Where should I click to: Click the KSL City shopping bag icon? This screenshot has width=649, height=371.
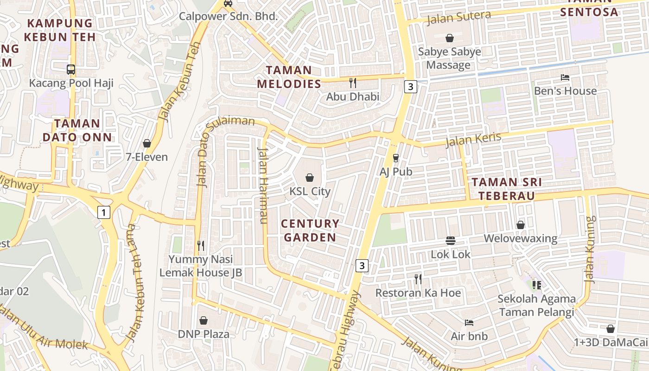310,178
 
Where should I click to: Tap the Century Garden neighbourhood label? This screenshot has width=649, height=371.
310,230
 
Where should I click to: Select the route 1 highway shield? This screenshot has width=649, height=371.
104,212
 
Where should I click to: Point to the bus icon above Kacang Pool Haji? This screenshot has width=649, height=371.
71,70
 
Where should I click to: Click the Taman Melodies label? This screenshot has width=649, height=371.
289,77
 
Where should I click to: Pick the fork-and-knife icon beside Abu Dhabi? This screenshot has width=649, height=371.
353,83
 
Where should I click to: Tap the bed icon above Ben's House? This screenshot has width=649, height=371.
565,77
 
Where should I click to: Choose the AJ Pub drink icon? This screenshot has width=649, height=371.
396,158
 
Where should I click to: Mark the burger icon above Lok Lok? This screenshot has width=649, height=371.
451,241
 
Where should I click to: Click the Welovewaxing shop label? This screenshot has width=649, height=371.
520,238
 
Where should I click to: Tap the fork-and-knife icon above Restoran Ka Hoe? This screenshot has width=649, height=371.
418,279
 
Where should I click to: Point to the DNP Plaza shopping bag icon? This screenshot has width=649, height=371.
203,320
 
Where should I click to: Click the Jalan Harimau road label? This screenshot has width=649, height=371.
263,185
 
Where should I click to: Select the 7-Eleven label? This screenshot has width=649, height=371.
147,157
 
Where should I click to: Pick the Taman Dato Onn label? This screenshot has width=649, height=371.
77,130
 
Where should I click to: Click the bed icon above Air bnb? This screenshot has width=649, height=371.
469,322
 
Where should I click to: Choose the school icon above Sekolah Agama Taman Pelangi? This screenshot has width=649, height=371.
537,285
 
